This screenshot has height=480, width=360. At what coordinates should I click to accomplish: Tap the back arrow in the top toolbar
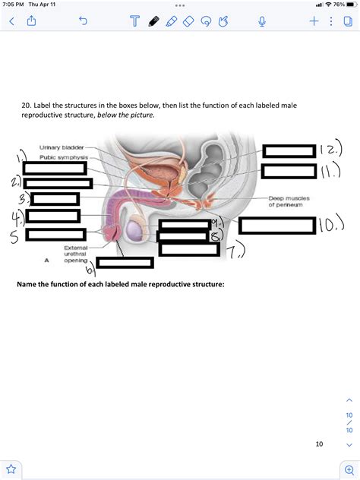(x=11, y=23)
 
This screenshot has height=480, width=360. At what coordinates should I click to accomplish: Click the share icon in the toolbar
(x=33, y=23)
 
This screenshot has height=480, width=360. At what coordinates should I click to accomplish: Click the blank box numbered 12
(x=289, y=150)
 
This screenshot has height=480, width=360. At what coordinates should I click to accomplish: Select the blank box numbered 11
(x=289, y=171)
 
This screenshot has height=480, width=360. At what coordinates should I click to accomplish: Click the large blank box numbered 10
(x=276, y=226)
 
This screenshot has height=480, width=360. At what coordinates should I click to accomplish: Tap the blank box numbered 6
(x=125, y=263)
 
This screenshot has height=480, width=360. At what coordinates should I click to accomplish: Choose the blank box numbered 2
(x=58, y=184)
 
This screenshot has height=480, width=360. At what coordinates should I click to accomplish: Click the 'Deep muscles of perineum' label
(x=285, y=203)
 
